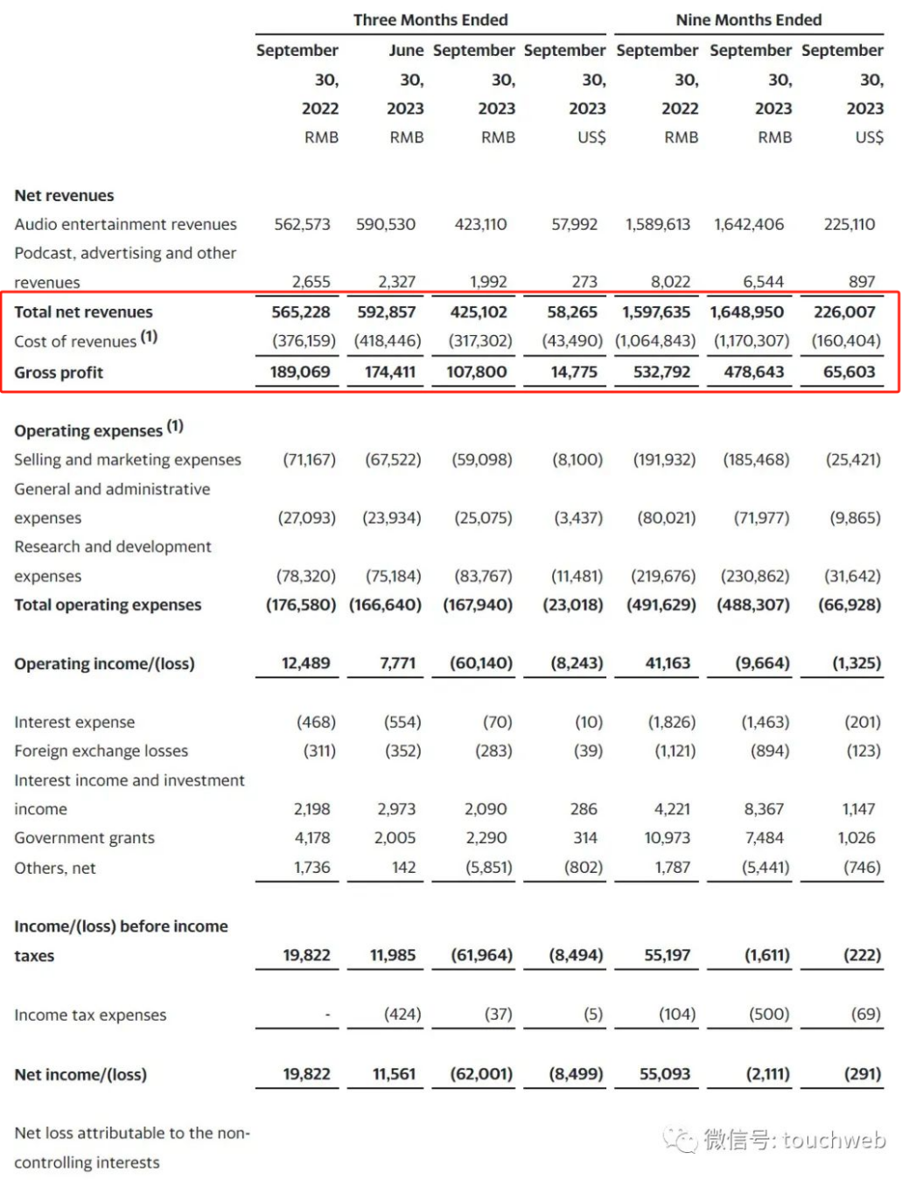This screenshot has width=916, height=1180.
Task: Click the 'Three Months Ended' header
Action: pyautogui.click(x=430, y=19)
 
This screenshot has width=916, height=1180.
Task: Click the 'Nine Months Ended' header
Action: pyautogui.click(x=748, y=19)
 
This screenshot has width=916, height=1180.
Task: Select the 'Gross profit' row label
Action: pyautogui.click(x=59, y=373)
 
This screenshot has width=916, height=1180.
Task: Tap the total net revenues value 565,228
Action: pyautogui.click(x=300, y=312)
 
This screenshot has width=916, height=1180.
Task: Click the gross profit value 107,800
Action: pyautogui.click(x=477, y=372)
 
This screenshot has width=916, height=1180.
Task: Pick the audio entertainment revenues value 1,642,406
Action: pyautogui.click(x=749, y=224)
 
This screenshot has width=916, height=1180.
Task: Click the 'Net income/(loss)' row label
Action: pyautogui.click(x=80, y=1074)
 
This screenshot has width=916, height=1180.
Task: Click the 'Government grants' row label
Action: pyautogui.click(x=84, y=838)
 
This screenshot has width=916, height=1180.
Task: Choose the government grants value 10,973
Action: pyautogui.click(x=668, y=838)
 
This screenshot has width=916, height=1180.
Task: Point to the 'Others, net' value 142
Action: pyautogui.click(x=403, y=868)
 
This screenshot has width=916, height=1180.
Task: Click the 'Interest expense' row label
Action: pyautogui.click(x=74, y=722)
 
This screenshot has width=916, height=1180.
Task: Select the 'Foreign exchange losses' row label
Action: pyautogui.click(x=101, y=751)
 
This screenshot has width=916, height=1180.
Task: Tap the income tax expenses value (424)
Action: pyautogui.click(x=402, y=1014)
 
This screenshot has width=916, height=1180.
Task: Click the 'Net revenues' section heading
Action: pyautogui.click(x=64, y=195)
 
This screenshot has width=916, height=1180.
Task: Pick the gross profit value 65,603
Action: pyautogui.click(x=849, y=372)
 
